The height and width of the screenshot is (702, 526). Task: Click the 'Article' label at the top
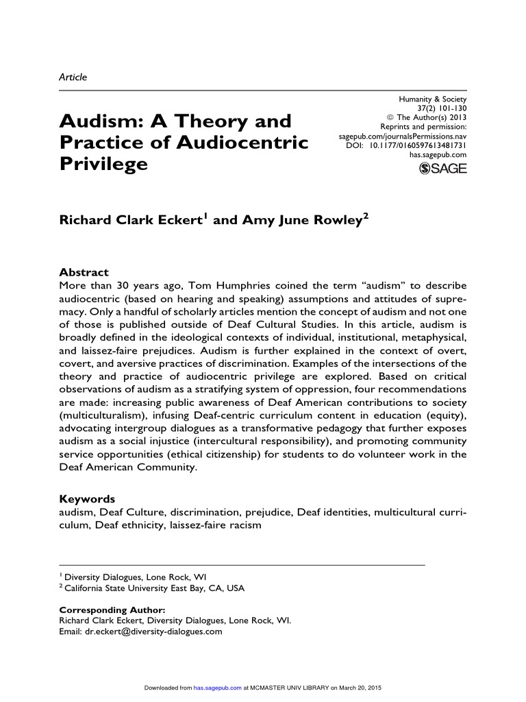[73, 77]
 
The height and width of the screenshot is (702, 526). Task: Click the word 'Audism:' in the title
[97, 122]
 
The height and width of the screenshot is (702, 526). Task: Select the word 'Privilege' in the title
[103, 166]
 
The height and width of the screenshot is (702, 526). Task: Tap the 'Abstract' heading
[84, 272]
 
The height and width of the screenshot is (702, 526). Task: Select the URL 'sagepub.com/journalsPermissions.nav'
[403, 136]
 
